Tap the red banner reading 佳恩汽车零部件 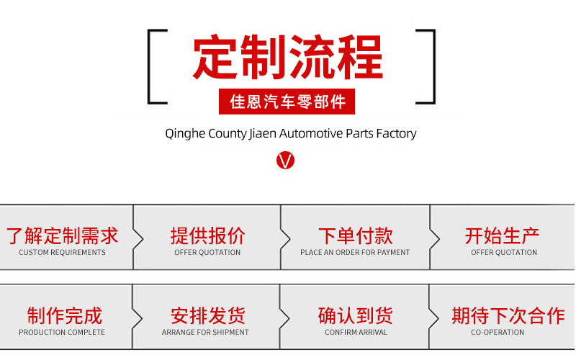click(x=287, y=102)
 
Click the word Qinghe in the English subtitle click(x=185, y=134)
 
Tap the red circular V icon click(x=286, y=160)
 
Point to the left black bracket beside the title click(x=156, y=67)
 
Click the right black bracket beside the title click(x=427, y=67)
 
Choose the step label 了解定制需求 click(x=62, y=235)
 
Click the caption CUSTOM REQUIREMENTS click(x=62, y=253)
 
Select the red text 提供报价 click(x=207, y=235)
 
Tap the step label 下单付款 click(x=355, y=235)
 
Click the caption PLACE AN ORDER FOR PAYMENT click(x=355, y=253)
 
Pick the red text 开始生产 click(x=503, y=235)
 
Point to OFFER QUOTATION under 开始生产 click(x=504, y=253)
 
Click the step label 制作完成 click(x=64, y=315)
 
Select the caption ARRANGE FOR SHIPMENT click(x=205, y=333)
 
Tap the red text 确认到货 click(x=355, y=315)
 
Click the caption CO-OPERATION click(x=498, y=333)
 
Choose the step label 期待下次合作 click(x=508, y=315)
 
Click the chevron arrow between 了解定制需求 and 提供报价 click(x=139, y=238)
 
